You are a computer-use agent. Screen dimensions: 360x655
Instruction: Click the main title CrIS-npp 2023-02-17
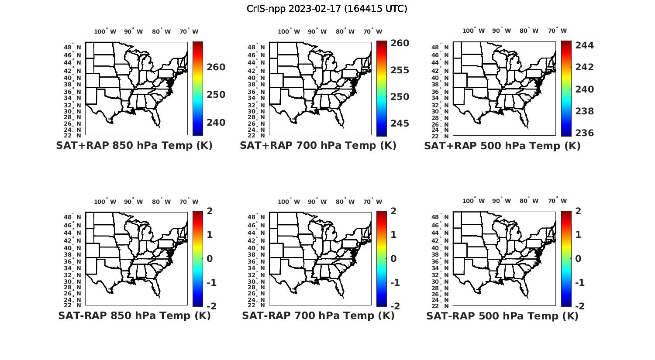(327, 9)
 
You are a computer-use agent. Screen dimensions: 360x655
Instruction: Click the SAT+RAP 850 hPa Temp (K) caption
(134, 146)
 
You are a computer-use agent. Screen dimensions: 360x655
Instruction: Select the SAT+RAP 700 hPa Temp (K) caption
(318, 146)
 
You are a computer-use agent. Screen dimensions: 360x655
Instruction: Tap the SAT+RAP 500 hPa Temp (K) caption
(502, 146)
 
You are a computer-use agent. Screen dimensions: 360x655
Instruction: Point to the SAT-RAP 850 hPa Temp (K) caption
(134, 316)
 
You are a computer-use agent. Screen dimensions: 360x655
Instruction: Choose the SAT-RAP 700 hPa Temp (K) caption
(318, 316)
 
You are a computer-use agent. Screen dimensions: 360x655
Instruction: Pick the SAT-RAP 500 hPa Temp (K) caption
(502, 316)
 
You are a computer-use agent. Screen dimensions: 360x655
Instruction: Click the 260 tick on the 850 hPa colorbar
(216, 67)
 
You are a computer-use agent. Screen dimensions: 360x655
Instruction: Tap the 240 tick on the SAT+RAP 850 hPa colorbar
(216, 123)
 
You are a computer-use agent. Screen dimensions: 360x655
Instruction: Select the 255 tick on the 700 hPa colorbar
(400, 70)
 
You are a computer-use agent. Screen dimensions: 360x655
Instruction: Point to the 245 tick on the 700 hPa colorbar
(400, 124)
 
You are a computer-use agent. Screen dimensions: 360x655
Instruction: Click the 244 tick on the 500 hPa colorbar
(585, 45)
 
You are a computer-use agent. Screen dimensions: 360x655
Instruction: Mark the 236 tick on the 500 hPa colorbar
(585, 133)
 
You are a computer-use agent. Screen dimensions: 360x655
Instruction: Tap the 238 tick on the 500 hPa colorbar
(585, 111)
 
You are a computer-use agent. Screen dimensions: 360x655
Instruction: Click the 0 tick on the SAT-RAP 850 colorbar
(209, 259)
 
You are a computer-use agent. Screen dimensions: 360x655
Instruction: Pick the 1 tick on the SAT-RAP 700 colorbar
(393, 235)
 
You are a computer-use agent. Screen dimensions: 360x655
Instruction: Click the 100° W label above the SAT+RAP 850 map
(105, 31)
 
